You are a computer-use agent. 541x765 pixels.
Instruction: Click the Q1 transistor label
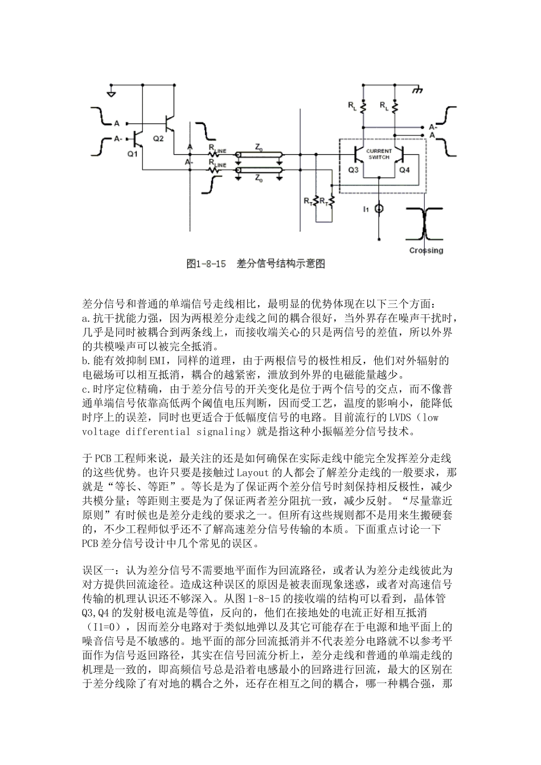[132, 154]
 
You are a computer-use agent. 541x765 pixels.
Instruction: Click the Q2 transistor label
[158, 138]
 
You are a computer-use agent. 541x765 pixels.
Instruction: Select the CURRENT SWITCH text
[379, 154]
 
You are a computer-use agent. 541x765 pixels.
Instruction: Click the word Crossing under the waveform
[426, 250]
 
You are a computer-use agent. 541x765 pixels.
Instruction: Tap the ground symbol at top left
[112, 91]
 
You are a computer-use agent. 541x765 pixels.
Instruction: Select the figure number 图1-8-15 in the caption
[207, 264]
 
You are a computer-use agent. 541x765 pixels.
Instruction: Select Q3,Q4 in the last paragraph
[103, 611]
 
